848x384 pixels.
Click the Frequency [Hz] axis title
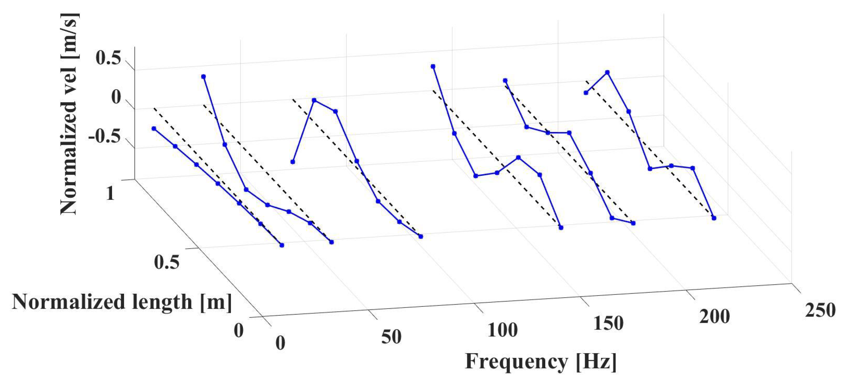click(x=541, y=362)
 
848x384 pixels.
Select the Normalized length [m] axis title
click(x=122, y=302)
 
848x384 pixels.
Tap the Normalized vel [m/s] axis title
click(x=69, y=114)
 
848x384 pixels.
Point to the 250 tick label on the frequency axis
click(x=820, y=310)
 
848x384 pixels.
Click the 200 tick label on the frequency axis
click(x=714, y=317)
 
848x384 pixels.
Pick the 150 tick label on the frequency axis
click(x=608, y=323)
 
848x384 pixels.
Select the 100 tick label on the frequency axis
click(x=502, y=330)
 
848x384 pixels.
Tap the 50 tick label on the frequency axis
click(x=391, y=337)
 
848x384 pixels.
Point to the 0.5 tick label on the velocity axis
click(x=108, y=58)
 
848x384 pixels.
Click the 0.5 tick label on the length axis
click(x=166, y=262)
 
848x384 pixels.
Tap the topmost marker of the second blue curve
click(x=203, y=77)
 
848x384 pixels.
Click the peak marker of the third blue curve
click(x=314, y=100)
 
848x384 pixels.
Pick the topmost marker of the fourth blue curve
click(x=433, y=66)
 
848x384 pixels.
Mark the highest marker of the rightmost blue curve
click(x=607, y=73)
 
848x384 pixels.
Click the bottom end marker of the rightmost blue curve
click(x=714, y=218)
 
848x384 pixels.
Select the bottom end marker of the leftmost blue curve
click(x=282, y=245)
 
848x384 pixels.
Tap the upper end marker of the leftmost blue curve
click(x=154, y=128)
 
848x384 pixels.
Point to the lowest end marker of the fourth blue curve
click(x=561, y=228)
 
